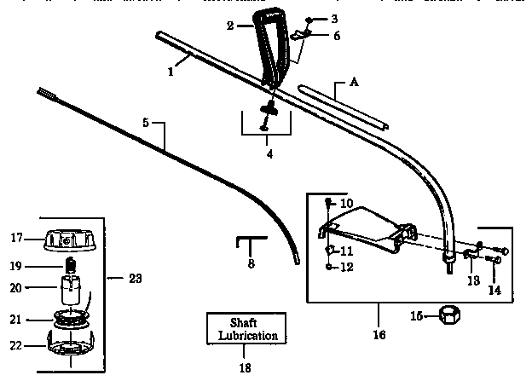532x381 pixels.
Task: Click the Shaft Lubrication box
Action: [x=246, y=330]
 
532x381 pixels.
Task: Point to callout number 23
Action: [x=135, y=279]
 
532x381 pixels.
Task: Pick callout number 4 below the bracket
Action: [x=269, y=155]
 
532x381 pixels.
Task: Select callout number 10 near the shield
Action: [x=346, y=204]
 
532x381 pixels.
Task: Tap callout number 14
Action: [x=494, y=291]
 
